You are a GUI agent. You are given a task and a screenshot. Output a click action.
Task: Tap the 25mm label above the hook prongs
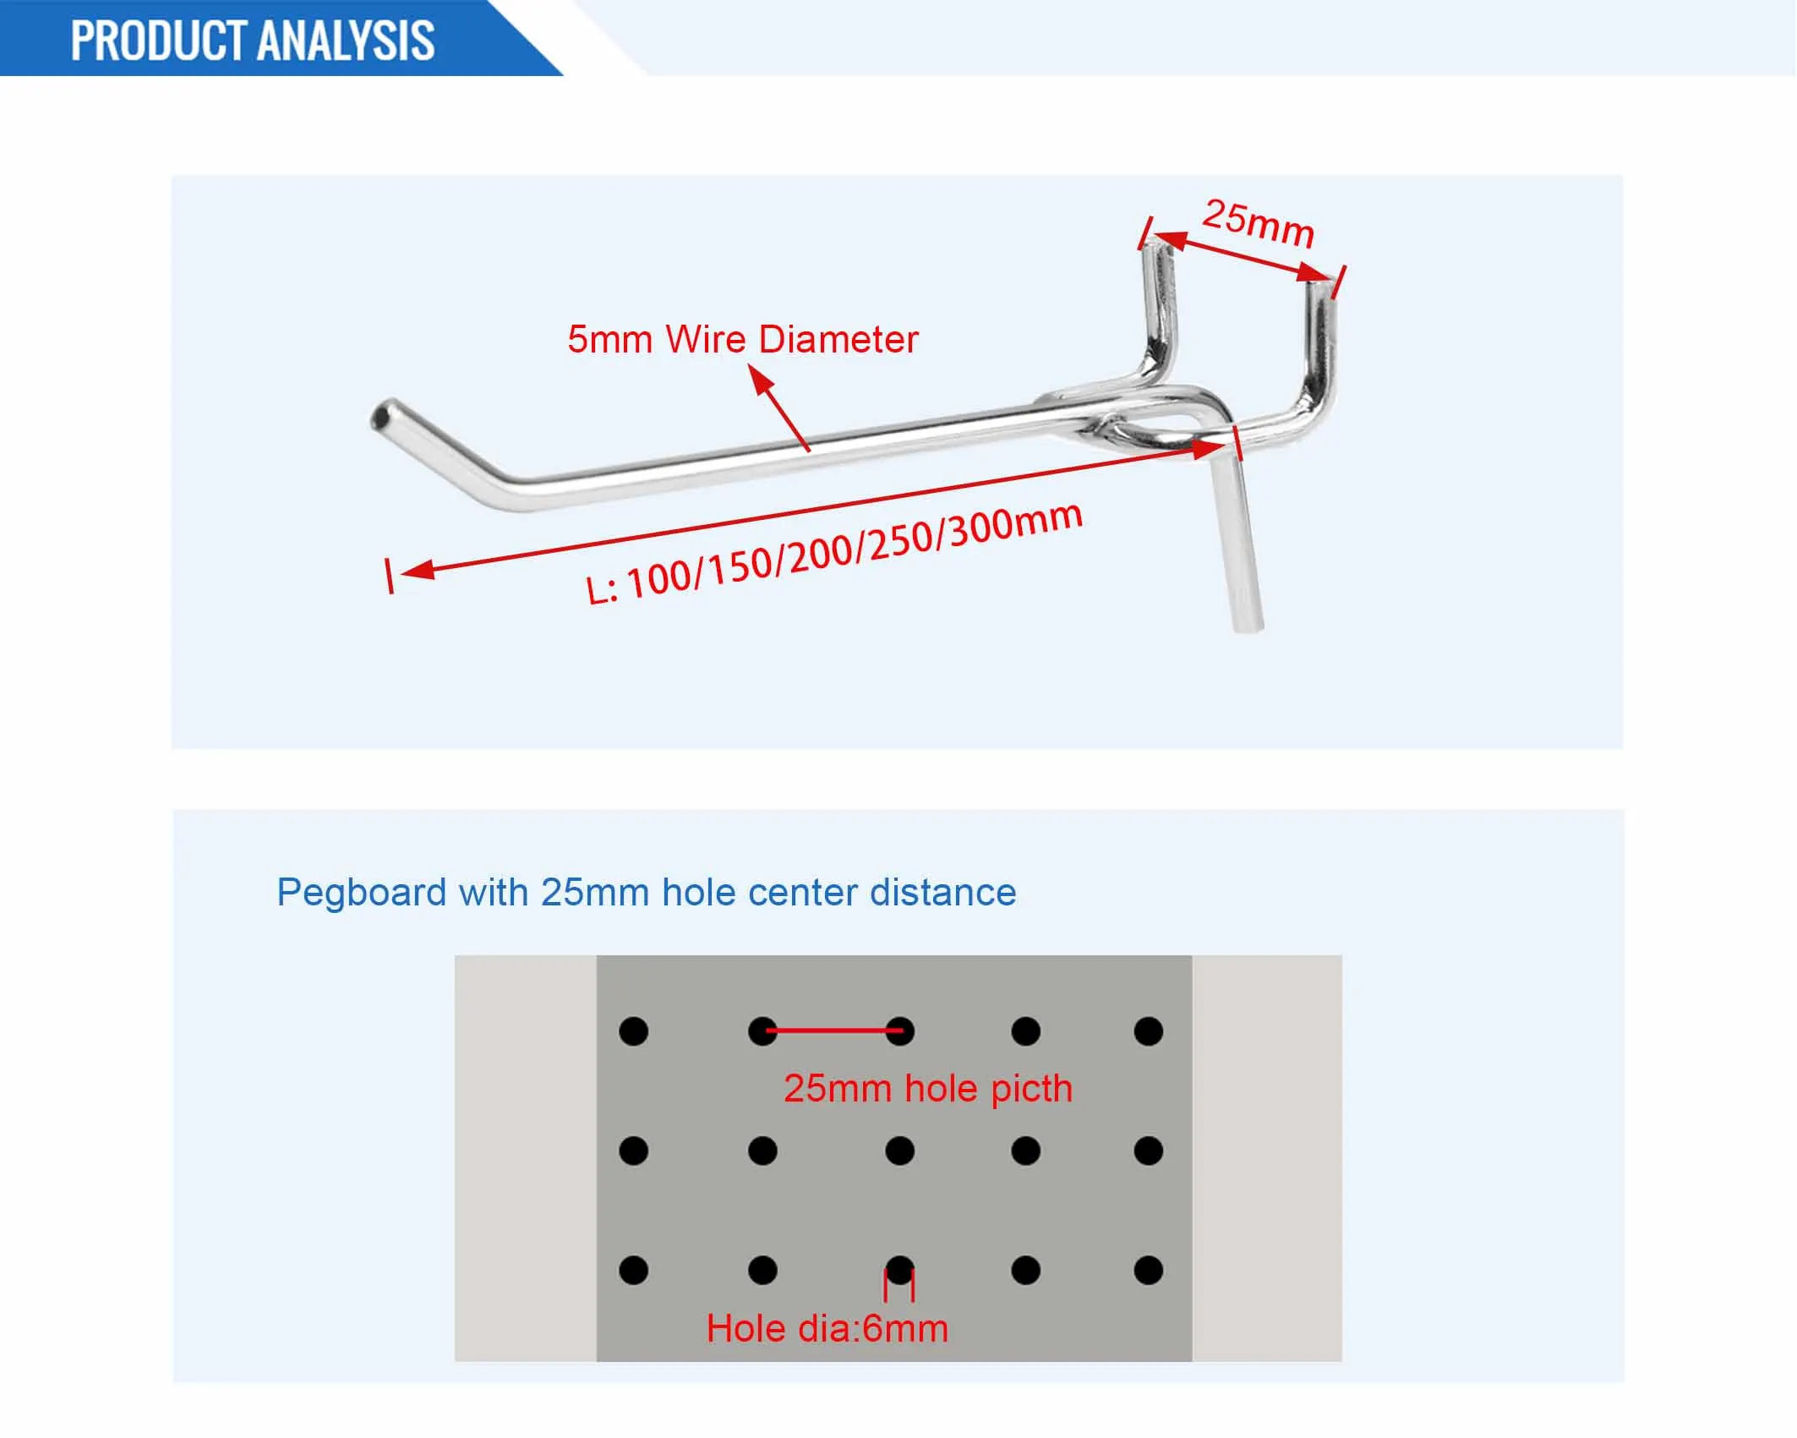tap(1259, 222)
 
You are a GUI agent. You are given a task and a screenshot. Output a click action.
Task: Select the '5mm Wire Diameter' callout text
tap(742, 340)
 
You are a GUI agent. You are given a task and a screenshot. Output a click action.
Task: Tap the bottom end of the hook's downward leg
tap(1248, 623)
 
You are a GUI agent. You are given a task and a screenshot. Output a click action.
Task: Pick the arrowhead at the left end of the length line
tap(418, 571)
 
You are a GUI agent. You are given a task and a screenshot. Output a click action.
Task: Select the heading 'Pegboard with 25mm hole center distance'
tap(647, 893)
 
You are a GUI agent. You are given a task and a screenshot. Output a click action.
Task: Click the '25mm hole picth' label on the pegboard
tap(927, 1089)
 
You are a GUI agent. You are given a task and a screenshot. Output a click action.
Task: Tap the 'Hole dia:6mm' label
tap(827, 1329)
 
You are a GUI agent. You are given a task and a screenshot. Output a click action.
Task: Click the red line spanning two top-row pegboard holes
tap(833, 1031)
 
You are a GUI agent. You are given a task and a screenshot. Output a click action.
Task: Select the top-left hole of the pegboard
tap(633, 1031)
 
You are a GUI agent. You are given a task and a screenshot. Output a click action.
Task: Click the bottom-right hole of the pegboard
tap(1148, 1271)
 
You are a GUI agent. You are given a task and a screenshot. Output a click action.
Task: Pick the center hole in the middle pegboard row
tap(899, 1151)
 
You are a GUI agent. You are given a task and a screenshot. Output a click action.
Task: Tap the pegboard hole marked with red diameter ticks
tap(899, 1270)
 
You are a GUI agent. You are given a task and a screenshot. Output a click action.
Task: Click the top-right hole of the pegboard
tap(1148, 1031)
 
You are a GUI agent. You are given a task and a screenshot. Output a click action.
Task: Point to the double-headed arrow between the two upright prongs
tap(1242, 257)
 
